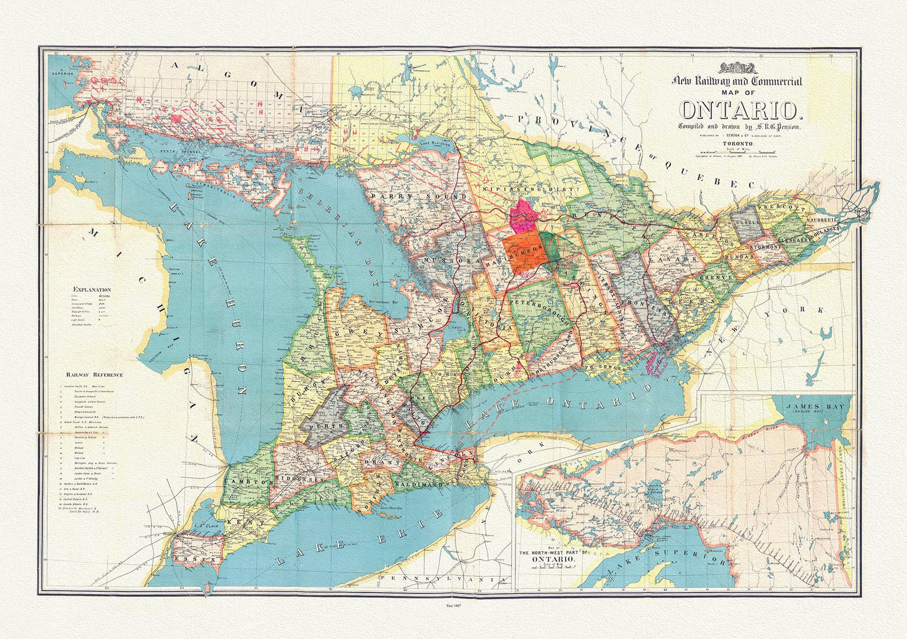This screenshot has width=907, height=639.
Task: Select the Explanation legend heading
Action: tap(92, 290)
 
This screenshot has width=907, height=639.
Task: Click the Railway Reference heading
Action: tap(94, 375)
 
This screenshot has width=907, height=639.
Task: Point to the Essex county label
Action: tap(197, 557)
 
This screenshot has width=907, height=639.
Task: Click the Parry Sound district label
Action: tap(419, 196)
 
